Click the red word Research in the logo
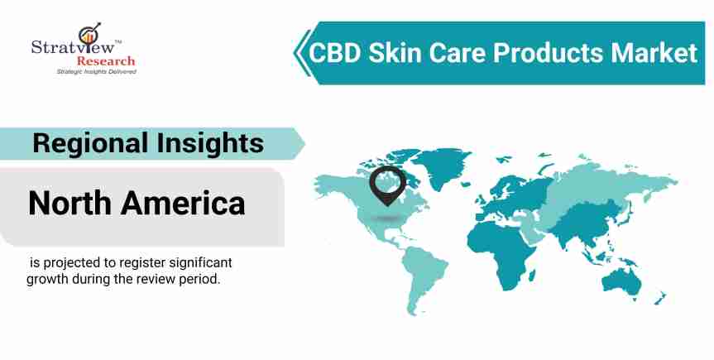pos(106,60)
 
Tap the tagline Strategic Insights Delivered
pos(96,71)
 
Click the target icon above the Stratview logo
pos(89,33)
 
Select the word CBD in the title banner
pos(335,53)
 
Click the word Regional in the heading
pos(90,143)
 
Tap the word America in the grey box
pos(183,204)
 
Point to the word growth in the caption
pos(47,280)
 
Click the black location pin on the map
pos(387,185)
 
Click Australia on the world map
pos(621,281)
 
